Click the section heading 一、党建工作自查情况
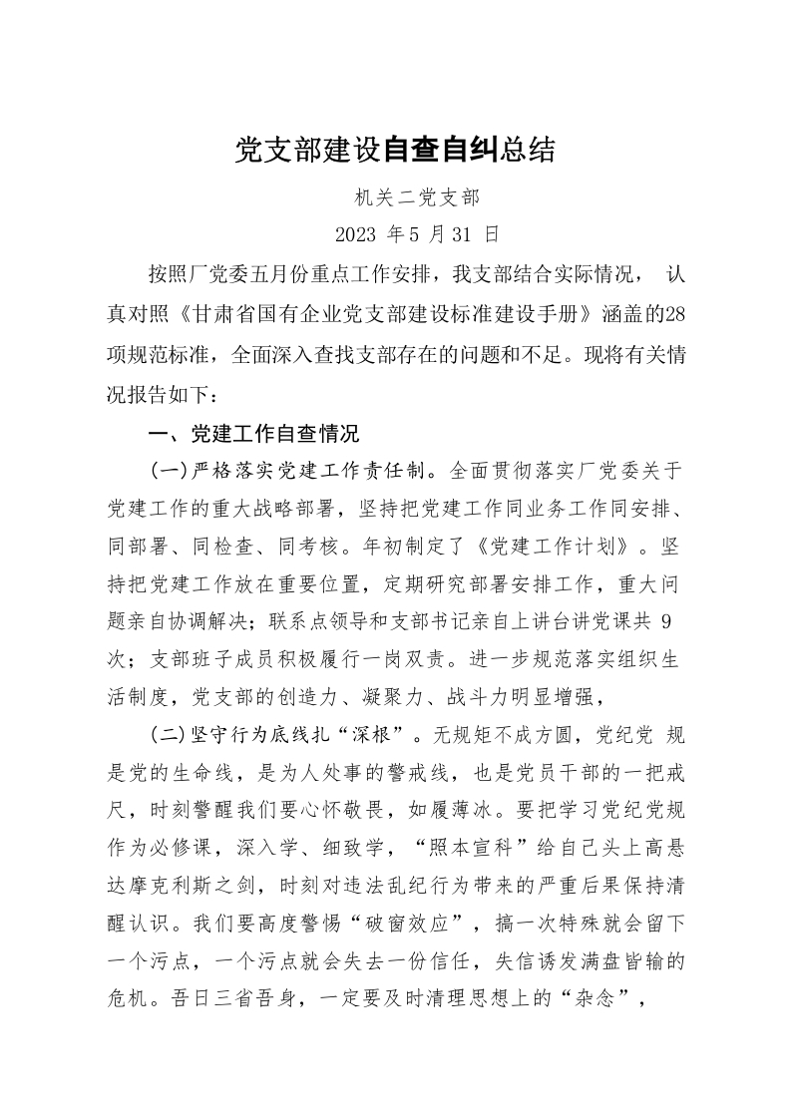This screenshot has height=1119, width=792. pos(252,435)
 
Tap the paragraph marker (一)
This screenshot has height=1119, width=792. pos(168,469)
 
